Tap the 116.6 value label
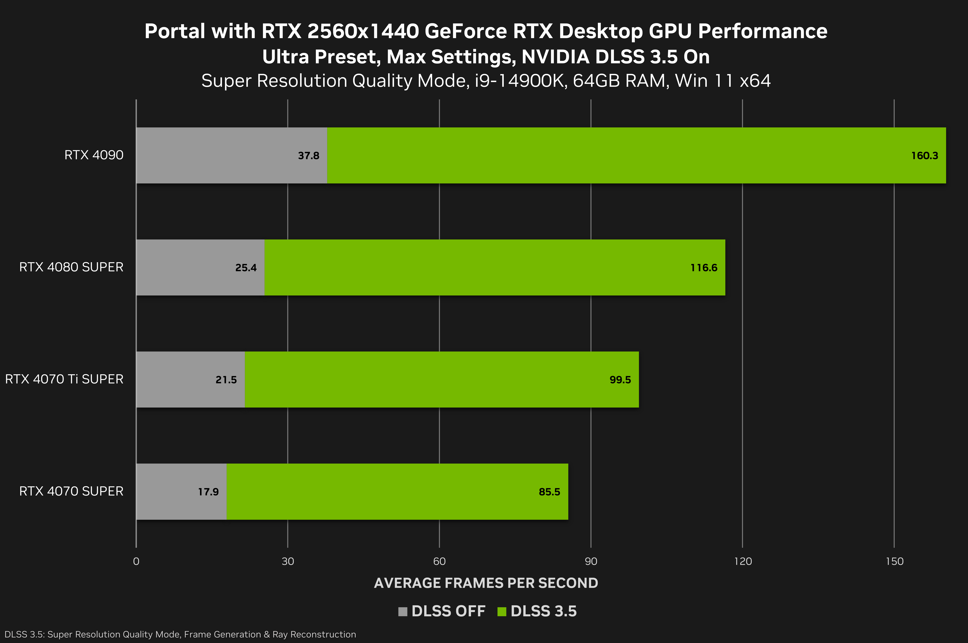coord(704,268)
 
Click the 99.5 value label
coord(620,380)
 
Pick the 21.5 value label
coord(226,380)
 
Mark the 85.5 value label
coord(549,492)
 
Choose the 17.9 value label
coord(208,492)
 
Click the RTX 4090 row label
coord(94,155)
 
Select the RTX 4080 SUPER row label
coord(71,267)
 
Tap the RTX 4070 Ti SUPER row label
coord(64,379)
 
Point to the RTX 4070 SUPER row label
coord(71,491)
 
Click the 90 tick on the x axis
coord(591,561)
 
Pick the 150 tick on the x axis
coord(894,561)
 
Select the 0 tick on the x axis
coord(136,561)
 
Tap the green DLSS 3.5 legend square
coord(501,611)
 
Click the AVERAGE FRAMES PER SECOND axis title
coord(486,583)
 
